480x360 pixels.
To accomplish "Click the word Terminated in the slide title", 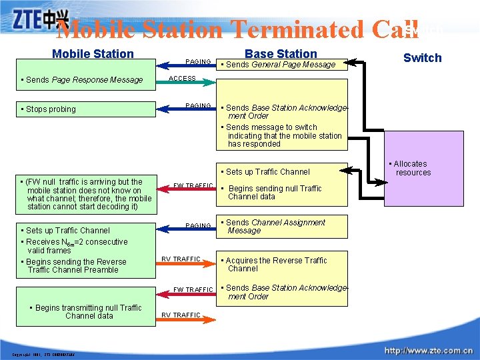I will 297,29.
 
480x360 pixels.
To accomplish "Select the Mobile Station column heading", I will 93,54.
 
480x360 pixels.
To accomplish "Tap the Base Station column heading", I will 281,53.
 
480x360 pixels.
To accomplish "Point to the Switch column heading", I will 422,58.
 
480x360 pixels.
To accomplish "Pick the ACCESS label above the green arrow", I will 182,78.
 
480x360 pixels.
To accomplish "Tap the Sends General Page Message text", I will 281,65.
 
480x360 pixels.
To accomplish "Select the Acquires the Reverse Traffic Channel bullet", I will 275,265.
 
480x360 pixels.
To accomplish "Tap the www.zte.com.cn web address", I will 428,351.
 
